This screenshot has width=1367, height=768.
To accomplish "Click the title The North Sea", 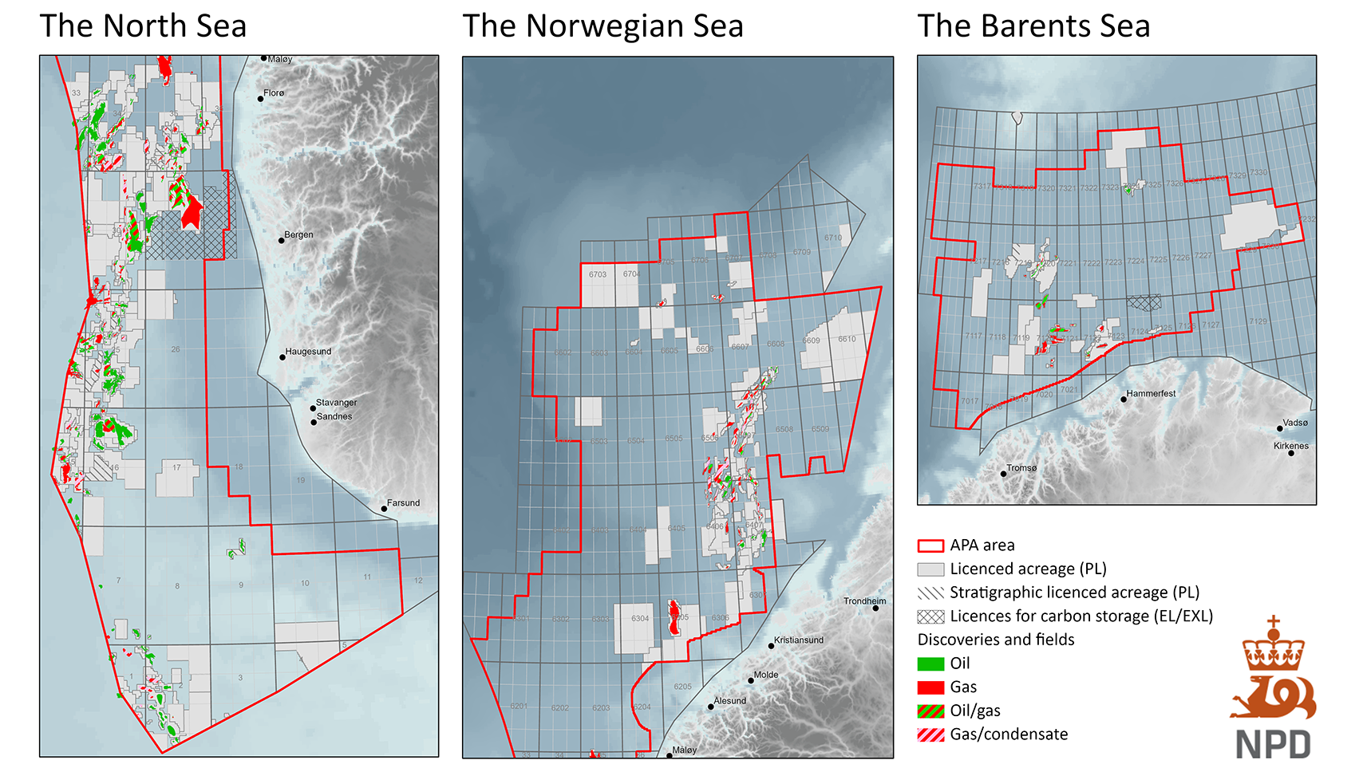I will (x=143, y=26).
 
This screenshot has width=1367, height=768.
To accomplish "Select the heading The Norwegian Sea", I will (x=603, y=26).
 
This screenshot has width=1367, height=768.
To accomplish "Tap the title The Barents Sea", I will (x=1033, y=26).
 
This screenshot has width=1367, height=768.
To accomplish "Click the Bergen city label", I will (x=298, y=235).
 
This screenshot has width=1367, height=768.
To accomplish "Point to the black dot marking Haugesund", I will (x=282, y=357).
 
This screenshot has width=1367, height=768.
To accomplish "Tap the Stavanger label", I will (x=336, y=403).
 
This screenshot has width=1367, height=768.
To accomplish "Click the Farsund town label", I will (x=403, y=503).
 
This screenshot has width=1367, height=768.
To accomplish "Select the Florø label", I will (x=274, y=93).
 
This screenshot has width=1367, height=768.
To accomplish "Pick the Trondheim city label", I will (x=864, y=601).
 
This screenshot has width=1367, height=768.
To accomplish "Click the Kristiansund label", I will (x=798, y=640).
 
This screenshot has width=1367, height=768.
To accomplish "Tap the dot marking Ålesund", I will (x=711, y=707).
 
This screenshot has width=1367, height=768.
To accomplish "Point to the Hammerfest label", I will (x=1151, y=394).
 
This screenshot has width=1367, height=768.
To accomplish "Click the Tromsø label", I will (x=1021, y=468).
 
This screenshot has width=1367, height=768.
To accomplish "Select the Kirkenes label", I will (x=1290, y=446).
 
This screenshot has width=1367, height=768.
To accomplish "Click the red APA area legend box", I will (x=930, y=546).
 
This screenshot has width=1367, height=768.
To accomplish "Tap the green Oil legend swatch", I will (x=930, y=664).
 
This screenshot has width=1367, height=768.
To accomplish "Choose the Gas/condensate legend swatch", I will (x=930, y=735).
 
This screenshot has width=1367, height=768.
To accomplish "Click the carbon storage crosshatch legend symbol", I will (x=930, y=616).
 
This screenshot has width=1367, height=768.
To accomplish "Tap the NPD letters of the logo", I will (x=1273, y=745).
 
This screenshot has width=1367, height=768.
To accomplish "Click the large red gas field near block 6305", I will (x=674, y=617).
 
